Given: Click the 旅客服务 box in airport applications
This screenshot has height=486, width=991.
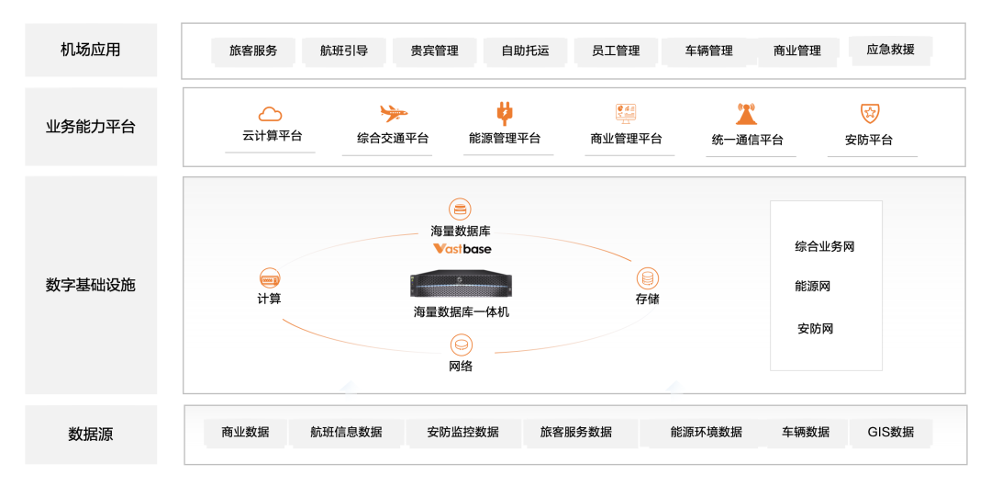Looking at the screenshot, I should pos(253,51).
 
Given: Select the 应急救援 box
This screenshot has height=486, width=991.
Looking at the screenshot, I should pos(890,49).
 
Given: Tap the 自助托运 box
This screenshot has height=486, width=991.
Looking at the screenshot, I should pos(525,51).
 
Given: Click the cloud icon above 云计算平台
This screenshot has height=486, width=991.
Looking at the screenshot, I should pos(270,114).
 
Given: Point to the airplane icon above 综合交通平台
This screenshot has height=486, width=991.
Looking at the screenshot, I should pos(393,114).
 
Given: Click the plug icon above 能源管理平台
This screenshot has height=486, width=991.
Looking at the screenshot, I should pos(504,114).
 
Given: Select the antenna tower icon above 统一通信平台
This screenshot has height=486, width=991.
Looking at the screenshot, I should pos(746,115).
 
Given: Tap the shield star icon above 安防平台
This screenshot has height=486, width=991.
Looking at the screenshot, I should pos(869,114).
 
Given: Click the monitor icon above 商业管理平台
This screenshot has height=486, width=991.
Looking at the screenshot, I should pos(627,114).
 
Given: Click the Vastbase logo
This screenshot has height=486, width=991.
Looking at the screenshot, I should pos(462,249).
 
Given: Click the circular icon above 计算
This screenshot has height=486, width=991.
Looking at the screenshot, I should pos(270,277).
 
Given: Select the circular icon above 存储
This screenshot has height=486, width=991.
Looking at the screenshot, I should pos(647,277).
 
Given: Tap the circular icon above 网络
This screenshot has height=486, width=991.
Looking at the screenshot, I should pos(461,345).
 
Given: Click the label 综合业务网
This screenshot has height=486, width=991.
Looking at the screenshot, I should pos(825,246).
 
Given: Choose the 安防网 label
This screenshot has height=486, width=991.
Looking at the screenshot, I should pos(815,328).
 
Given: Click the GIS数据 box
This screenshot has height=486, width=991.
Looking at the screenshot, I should pos(890,432).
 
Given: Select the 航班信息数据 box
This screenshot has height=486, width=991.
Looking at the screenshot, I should pos(346,432).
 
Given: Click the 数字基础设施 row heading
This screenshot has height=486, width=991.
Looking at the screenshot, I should pos(90,285).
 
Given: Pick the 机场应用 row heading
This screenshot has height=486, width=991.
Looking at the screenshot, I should pos(90,50).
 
